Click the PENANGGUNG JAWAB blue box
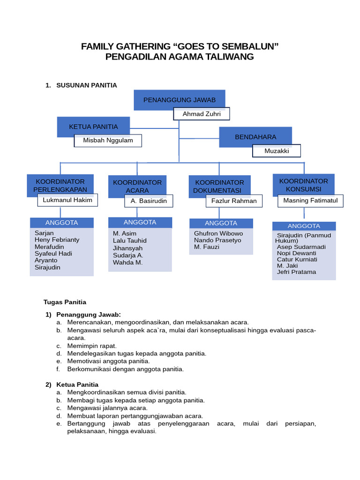click(179, 100)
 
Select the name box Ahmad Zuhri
click(202, 114)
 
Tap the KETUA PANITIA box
click(93, 127)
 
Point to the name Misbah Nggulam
click(108, 141)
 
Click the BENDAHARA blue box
click(255, 137)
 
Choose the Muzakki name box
click(277, 151)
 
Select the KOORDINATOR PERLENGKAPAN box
click(60, 186)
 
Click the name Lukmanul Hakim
click(67, 200)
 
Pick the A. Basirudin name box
click(149, 201)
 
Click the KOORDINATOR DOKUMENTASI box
click(219, 186)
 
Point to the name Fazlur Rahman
click(234, 201)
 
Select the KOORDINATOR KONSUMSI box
click(303, 185)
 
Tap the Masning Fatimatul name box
click(310, 201)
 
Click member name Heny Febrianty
click(57, 240)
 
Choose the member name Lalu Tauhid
click(129, 241)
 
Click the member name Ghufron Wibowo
click(218, 233)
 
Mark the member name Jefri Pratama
click(296, 272)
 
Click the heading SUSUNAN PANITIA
click(86, 85)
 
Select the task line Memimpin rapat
click(92, 346)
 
